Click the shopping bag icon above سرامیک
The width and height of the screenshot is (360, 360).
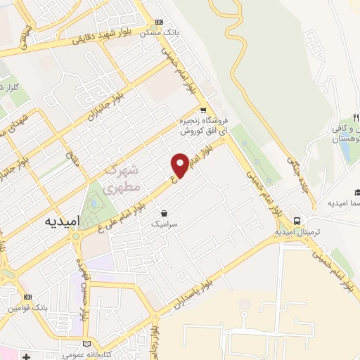click(x=164, y=212)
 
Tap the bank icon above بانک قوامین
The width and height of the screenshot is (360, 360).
click(x=28, y=297)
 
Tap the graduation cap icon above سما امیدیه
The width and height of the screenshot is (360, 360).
click(x=356, y=193)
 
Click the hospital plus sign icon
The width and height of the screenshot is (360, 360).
click(x=26, y=356)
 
